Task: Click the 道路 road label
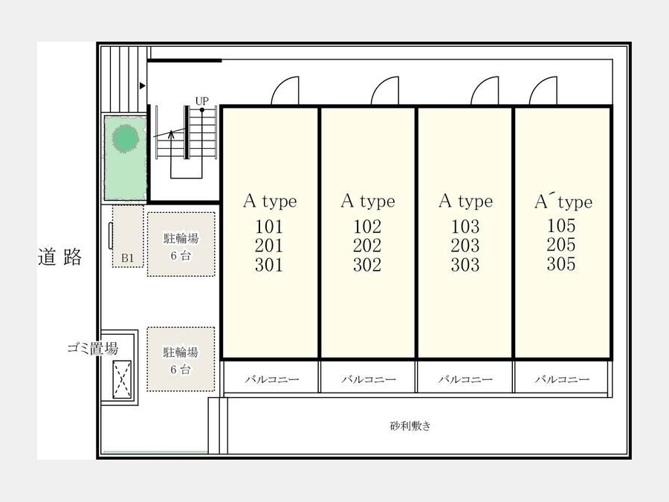[59, 257]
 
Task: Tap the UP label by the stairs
[201, 101]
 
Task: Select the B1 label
[128, 258]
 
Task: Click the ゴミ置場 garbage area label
[93, 348]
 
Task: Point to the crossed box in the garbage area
[122, 379]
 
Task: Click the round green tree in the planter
[126, 138]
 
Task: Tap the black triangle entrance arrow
[143, 86]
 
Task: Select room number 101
[269, 226]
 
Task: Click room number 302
[367, 265]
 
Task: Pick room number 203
[465, 245]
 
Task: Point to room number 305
[561, 264]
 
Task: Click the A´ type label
[563, 202]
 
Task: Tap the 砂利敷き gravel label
[410, 425]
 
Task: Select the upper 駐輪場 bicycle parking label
[181, 238]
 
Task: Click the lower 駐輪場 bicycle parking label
[181, 353]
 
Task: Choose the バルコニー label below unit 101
[272, 379]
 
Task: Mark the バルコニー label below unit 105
[563, 379]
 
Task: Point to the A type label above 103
[465, 201]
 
